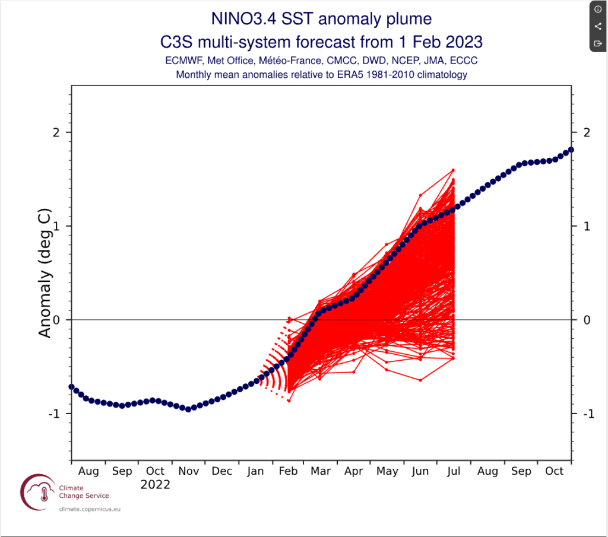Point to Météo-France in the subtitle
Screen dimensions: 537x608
tap(287, 61)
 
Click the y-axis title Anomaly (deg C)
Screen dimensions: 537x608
tap(45, 273)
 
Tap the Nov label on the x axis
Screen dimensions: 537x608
tap(188, 471)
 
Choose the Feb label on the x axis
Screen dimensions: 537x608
tap(288, 471)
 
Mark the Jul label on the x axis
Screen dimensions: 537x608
tap(454, 471)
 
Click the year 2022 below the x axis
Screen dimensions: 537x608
tap(155, 485)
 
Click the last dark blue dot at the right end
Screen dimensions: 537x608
tap(571, 150)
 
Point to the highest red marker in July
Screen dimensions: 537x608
tap(453, 170)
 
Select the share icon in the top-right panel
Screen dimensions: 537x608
tap(597, 27)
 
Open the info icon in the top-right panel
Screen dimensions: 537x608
tap(597, 10)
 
